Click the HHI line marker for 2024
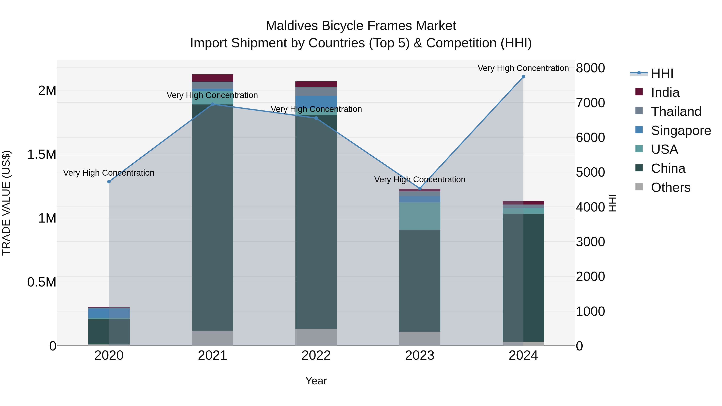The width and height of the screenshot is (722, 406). point(523,77)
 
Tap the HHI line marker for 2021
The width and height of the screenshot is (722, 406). point(212,104)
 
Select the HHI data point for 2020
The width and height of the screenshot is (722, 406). point(109,182)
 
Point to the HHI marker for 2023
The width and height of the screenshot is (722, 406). point(420,189)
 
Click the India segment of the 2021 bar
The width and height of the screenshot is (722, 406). point(212,78)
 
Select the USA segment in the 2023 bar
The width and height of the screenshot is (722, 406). point(420,216)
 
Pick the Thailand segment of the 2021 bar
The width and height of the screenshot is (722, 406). point(212,85)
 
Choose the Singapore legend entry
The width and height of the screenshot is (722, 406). point(681,131)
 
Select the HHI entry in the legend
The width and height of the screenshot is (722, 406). point(662,73)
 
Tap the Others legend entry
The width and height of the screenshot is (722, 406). point(670,187)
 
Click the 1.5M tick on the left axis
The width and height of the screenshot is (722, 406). point(42,154)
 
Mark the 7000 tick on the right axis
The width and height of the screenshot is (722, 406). point(590,103)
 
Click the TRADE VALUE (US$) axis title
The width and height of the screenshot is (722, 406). point(6,203)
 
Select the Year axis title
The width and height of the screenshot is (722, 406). point(316,381)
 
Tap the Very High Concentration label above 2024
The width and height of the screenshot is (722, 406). point(523,68)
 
